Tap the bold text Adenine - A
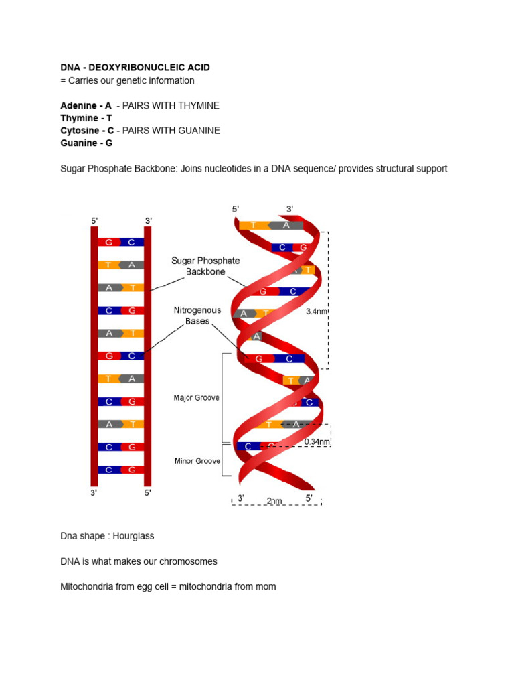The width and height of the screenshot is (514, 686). [x=86, y=106]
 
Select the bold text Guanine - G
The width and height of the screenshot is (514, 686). [x=86, y=143]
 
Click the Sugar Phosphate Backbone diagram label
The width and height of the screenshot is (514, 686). [x=205, y=266]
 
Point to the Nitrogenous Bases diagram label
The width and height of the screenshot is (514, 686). [x=198, y=316]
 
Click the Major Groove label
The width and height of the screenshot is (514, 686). [x=197, y=398]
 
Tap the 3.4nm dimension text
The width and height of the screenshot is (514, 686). [x=317, y=311]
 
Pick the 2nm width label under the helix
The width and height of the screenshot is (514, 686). [x=274, y=500]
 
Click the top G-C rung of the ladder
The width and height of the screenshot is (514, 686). [x=121, y=242]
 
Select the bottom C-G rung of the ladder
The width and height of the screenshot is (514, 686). [x=121, y=470]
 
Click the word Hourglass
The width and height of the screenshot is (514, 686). [x=134, y=537]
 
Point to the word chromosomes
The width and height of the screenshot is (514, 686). [x=187, y=561]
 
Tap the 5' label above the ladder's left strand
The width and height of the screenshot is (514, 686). [x=94, y=220]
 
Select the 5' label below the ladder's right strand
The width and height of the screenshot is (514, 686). [x=148, y=493]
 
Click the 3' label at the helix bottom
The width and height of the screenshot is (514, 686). [x=241, y=498]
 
